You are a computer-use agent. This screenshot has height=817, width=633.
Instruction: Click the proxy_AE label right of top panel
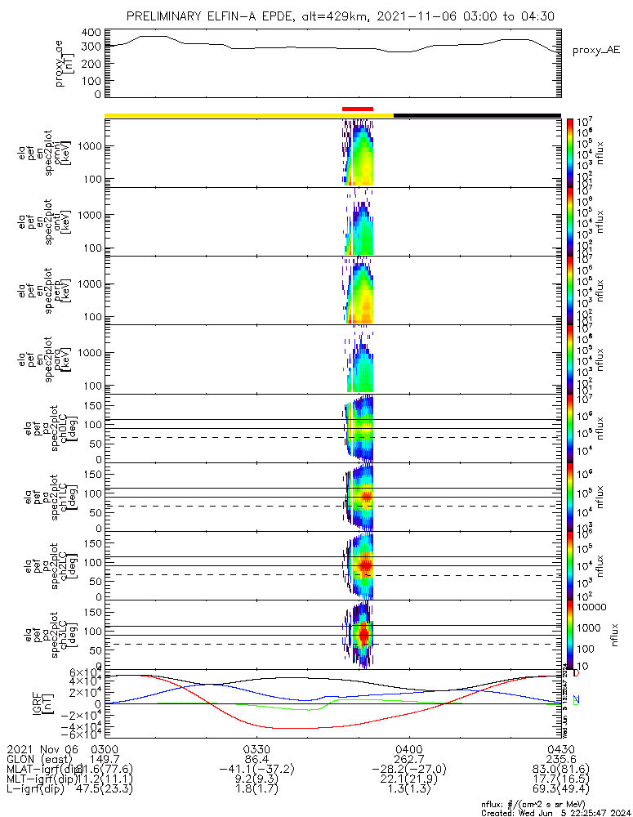point(591,50)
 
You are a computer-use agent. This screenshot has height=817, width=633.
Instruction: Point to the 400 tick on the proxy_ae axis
point(91,33)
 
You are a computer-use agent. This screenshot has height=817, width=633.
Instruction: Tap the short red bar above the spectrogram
point(357,108)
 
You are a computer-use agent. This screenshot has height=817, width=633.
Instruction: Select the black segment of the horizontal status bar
point(477,115)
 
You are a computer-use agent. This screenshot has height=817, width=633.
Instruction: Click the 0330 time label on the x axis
point(257,748)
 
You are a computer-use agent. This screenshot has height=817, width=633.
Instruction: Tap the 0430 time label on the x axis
point(560,748)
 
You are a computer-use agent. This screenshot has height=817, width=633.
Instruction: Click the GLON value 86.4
point(257,759)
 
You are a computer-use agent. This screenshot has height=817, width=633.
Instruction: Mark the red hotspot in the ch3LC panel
point(363,633)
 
